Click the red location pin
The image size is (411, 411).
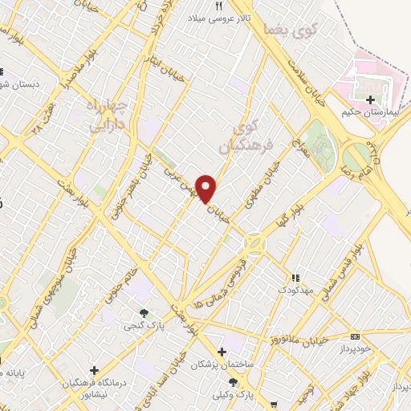(x=207, y=188)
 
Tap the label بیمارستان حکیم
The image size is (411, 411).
(x=370, y=113)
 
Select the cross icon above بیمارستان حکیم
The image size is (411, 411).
(x=370, y=100)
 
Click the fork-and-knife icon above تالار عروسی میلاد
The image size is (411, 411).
(x=219, y=6)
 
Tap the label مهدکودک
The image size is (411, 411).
(x=295, y=287)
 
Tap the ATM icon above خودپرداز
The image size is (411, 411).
(x=356, y=336)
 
